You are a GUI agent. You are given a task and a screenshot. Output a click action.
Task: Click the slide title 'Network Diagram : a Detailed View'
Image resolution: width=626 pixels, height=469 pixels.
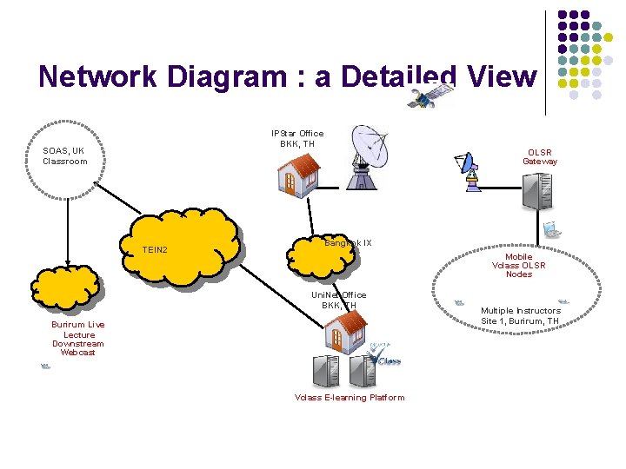pyautogui.click(x=288, y=76)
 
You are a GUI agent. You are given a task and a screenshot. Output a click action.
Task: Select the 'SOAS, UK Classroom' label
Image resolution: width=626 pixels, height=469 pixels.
pyautogui.click(x=65, y=156)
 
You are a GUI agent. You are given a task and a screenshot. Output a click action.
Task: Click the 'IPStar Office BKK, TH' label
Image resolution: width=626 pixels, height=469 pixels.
pyautogui.click(x=297, y=138)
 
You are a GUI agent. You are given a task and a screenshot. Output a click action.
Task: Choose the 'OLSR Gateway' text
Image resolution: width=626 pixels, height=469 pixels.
pyautogui.click(x=540, y=156)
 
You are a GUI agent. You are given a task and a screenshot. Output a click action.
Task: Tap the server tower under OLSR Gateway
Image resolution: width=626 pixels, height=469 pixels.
pyautogui.click(x=536, y=192)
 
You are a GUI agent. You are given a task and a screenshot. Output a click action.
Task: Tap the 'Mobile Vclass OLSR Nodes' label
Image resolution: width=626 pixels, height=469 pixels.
pyautogui.click(x=519, y=265)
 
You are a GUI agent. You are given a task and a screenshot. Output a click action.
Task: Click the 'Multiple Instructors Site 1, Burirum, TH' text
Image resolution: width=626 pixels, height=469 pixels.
pyautogui.click(x=521, y=315)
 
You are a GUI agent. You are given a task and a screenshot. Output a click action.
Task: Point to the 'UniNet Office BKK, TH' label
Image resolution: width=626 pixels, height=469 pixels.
pyautogui.click(x=339, y=300)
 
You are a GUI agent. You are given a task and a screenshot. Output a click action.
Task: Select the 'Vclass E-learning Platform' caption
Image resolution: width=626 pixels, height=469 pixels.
pyautogui.click(x=350, y=398)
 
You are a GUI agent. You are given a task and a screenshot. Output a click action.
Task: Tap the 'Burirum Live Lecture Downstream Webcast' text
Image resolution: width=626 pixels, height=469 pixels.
pyautogui.click(x=78, y=338)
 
